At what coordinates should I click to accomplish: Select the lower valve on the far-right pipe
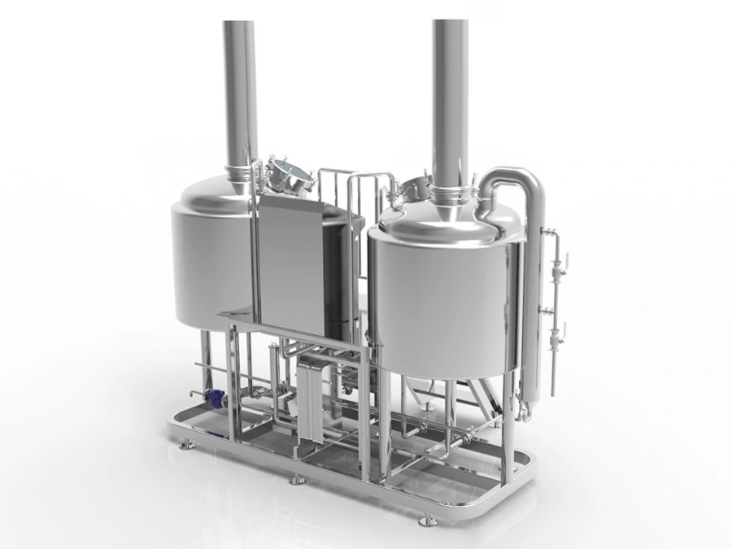point(560,329)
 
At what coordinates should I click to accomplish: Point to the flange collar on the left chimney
point(240,172)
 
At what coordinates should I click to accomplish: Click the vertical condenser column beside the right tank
point(533,325)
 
